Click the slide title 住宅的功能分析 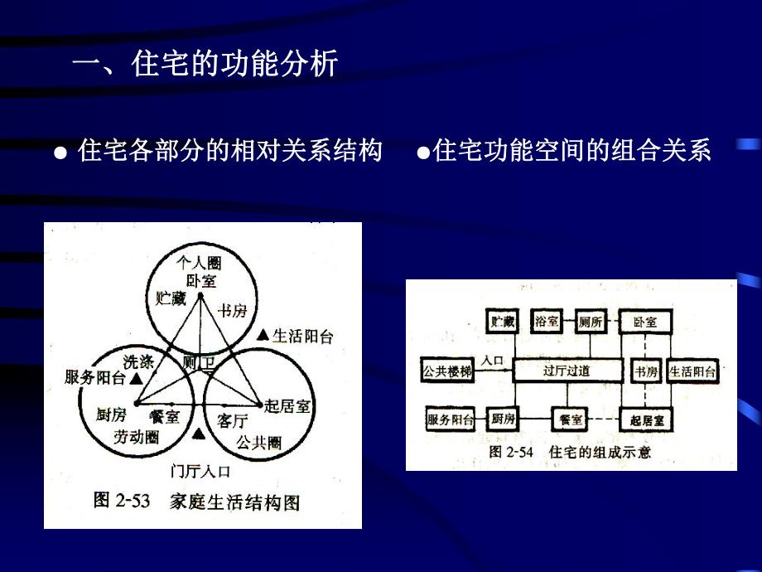[205, 63]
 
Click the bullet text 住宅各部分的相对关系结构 [229, 151]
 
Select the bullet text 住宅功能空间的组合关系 [572, 151]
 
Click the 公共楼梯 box [447, 371]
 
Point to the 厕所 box [591, 322]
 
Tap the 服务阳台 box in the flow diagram [451, 419]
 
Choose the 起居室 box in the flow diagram [646, 420]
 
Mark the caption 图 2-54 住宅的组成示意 [570, 452]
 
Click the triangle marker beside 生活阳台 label [263, 335]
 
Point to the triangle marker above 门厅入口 [198, 434]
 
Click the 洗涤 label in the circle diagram [139, 361]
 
